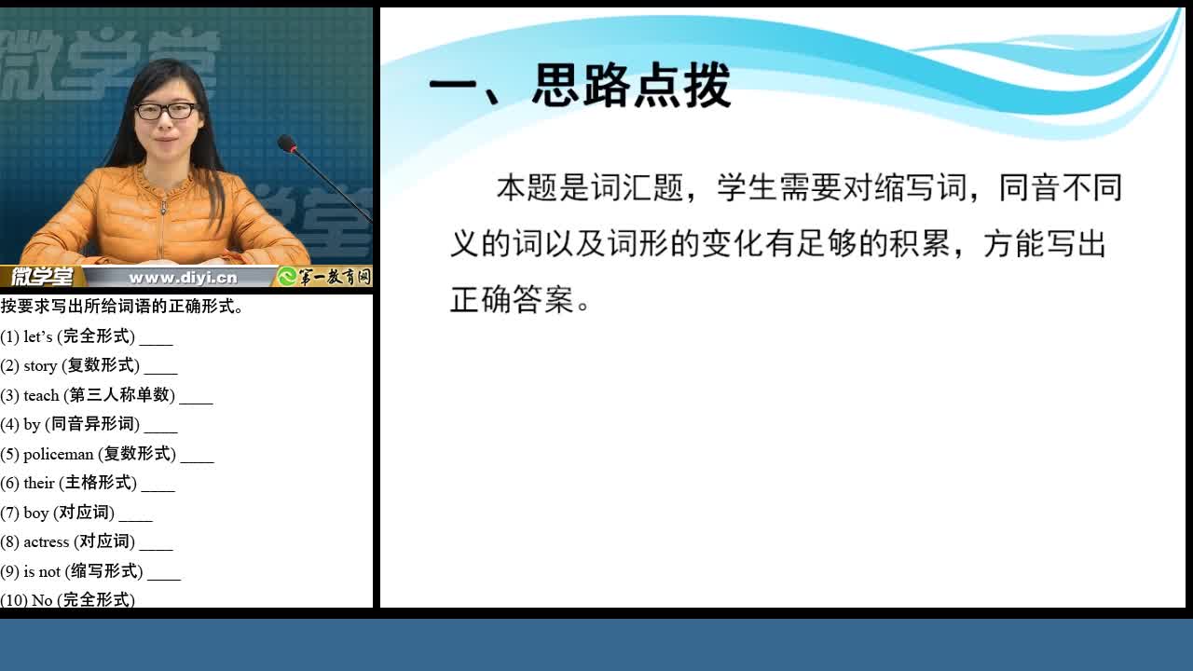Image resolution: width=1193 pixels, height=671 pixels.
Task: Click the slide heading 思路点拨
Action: (x=631, y=85)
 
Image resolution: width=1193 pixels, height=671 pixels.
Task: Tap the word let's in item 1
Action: (x=38, y=336)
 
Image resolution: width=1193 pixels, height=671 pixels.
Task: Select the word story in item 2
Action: (x=40, y=366)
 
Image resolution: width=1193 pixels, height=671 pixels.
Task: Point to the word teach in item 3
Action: (x=41, y=395)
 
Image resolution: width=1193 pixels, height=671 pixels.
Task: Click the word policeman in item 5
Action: (x=58, y=454)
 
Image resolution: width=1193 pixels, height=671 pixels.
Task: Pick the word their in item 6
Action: (x=39, y=483)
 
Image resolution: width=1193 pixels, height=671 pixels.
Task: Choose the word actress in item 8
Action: (x=47, y=541)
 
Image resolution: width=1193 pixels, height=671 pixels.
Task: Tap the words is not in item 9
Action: (x=42, y=571)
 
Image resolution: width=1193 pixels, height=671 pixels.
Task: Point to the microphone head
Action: (x=286, y=144)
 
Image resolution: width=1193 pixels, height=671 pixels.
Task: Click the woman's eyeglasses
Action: (x=166, y=111)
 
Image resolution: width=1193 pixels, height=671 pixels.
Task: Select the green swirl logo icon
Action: (x=287, y=277)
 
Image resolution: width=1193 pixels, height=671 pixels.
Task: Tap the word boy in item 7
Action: (x=36, y=513)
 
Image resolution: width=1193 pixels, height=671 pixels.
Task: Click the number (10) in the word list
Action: (x=14, y=600)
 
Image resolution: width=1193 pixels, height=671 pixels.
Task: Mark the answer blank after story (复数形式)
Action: (x=160, y=373)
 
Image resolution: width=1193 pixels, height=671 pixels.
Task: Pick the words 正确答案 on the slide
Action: (x=512, y=300)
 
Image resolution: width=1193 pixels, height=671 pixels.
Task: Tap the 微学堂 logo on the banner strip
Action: (x=42, y=277)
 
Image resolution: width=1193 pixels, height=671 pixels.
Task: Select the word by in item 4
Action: (x=32, y=424)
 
